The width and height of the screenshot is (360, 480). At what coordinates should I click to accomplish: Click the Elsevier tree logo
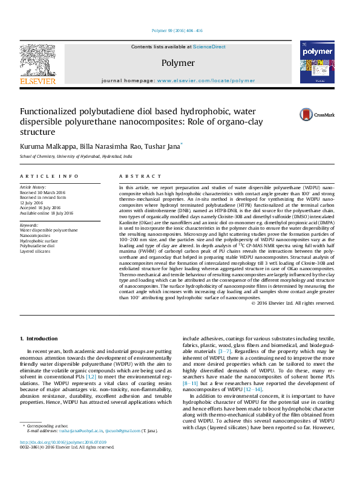coord(38,62)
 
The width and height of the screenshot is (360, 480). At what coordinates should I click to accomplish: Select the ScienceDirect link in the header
coord(210,47)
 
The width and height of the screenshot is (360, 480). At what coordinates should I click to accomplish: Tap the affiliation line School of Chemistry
coord(76,156)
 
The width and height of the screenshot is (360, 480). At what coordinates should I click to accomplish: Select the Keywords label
coord(29,225)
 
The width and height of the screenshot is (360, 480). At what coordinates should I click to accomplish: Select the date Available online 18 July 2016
coord(47,213)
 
